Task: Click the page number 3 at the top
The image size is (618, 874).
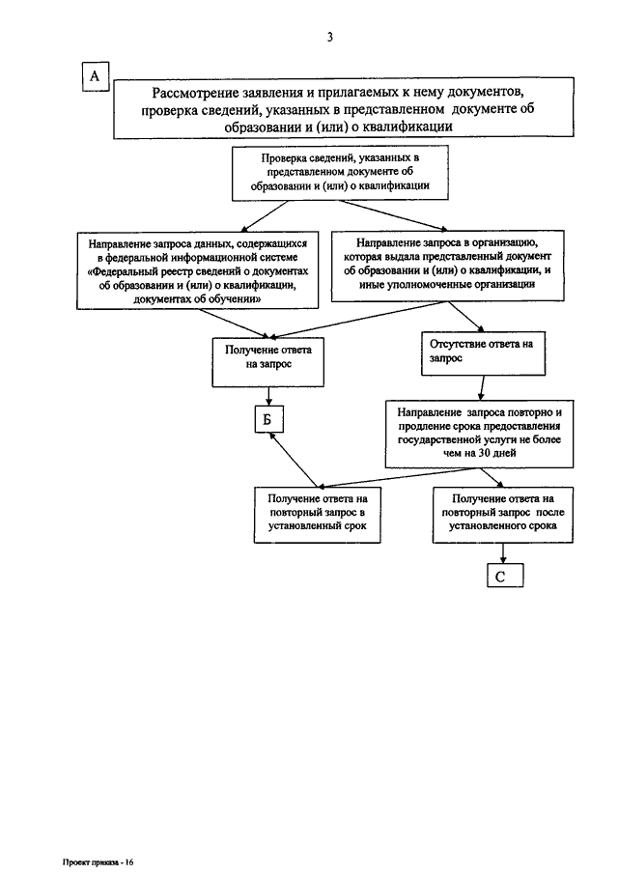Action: pos(330,37)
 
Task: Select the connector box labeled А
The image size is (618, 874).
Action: pos(95,76)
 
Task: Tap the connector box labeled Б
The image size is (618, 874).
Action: pos(268,419)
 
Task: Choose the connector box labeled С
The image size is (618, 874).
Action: pos(505,576)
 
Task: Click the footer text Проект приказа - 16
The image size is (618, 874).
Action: pos(98,862)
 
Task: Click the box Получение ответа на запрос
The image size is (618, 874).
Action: pos(268,362)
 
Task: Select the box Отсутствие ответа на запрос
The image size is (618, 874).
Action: pos(483,353)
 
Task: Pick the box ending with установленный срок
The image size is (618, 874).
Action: pos(318,515)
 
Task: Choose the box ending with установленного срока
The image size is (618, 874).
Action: pos(503,515)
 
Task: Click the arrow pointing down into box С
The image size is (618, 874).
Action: pos(503,553)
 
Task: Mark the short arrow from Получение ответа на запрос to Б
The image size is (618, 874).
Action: pos(268,396)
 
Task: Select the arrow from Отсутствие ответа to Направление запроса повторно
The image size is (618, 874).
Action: pos(482,387)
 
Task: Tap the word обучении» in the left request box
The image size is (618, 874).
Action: pos(239,299)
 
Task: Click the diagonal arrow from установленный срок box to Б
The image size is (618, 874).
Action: pos(293,460)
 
